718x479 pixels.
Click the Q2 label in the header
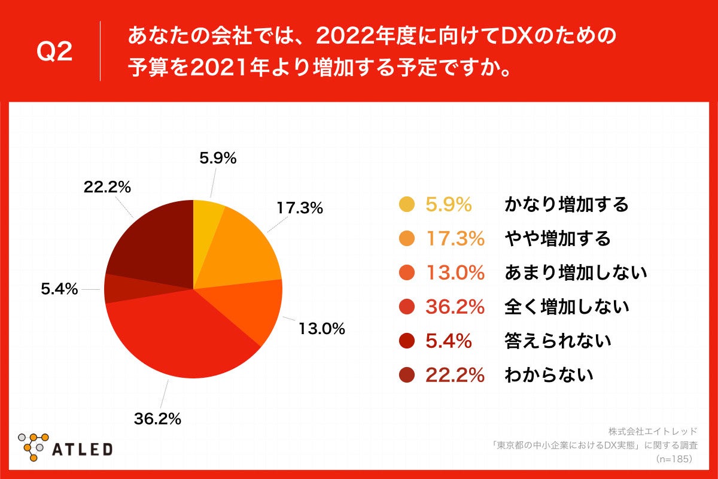pyautogui.click(x=54, y=52)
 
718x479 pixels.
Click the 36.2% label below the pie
pyautogui.click(x=157, y=419)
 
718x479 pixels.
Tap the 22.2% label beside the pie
pyautogui.click(x=107, y=187)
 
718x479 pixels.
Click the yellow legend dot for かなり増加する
pyautogui.click(x=407, y=205)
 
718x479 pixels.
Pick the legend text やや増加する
pyautogui.click(x=558, y=239)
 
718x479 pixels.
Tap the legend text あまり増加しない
pyautogui.click(x=576, y=273)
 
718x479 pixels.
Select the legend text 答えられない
pyautogui.click(x=558, y=341)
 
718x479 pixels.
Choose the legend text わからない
pyautogui.click(x=549, y=375)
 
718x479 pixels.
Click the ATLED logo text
pyautogui.click(x=83, y=449)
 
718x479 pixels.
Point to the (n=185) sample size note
pyautogui.click(x=674, y=459)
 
